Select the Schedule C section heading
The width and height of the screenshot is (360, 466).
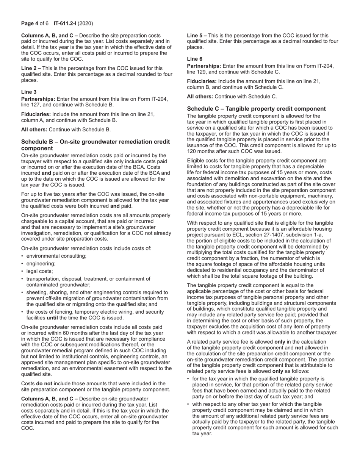(256, 109)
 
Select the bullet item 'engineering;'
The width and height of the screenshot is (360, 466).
(41, 263)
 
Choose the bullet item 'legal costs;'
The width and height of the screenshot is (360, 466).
(39, 271)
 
